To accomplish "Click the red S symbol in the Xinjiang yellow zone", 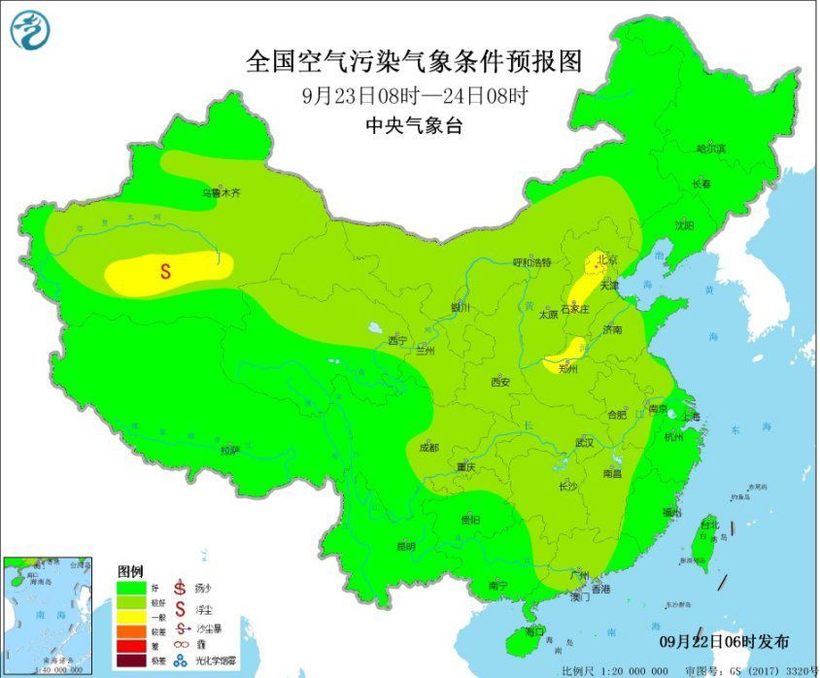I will tap(165, 272).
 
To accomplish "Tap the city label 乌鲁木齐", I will tap(220, 193).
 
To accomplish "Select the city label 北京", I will tap(606, 260).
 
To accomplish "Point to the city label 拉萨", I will tap(229, 450).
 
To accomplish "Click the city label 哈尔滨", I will tap(711, 149).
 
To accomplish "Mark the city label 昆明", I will tap(404, 546).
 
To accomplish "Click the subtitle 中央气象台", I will tap(414, 124).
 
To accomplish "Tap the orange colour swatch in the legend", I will tap(129, 631).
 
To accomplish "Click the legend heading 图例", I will tap(129, 570).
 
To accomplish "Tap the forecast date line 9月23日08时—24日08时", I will tap(414, 95).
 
